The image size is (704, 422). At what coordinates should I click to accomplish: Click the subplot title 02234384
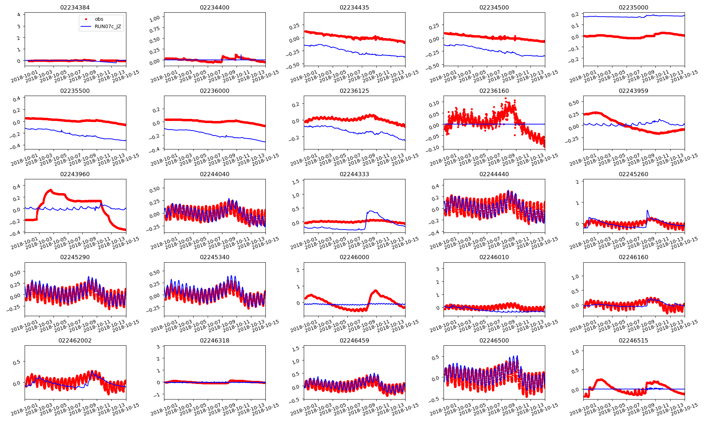point(75,7)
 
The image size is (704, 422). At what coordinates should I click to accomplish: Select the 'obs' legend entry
point(99,19)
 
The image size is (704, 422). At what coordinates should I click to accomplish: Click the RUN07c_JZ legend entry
point(108,26)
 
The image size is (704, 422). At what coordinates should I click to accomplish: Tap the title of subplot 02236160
point(494,91)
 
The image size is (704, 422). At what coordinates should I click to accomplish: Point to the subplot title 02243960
point(75,174)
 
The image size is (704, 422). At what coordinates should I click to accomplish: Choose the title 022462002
point(75,340)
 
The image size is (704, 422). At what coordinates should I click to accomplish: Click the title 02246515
point(633,340)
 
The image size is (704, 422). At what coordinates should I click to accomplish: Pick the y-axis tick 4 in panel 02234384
point(19,14)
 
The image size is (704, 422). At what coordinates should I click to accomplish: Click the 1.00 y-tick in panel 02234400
point(155,18)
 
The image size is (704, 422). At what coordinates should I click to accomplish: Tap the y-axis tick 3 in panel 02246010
point(438,269)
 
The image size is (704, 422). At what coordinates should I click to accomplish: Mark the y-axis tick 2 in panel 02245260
point(577,182)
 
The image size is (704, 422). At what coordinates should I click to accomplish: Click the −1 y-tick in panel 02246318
point(158,395)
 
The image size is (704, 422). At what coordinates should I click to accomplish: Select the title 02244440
point(494,174)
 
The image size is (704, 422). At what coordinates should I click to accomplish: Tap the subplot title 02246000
point(354,257)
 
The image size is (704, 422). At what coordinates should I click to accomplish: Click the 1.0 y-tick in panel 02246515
point(574,351)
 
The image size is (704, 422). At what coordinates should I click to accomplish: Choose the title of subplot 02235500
point(75,91)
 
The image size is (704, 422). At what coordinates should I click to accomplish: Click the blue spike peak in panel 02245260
point(647,211)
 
